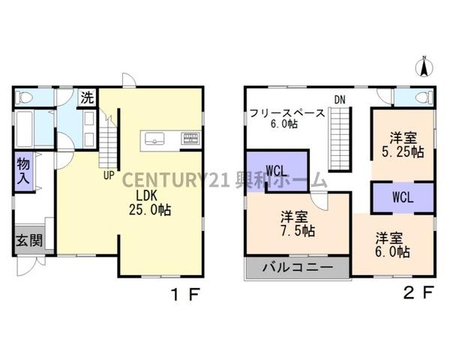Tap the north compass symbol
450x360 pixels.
(423, 67)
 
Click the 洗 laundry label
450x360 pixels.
(87, 97)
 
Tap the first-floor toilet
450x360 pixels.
(24, 97)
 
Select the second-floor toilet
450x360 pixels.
(420, 97)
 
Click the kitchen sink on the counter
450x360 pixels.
(156, 138)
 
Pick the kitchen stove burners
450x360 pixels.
(190, 138)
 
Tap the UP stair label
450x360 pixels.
(109, 176)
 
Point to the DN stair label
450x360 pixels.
(340, 99)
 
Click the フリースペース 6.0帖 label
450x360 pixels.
(288, 118)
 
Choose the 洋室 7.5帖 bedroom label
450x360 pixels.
(298, 223)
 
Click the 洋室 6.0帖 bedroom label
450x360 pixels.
(392, 245)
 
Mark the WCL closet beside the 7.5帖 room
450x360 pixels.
(275, 169)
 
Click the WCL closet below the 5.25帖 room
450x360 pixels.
(403, 198)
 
